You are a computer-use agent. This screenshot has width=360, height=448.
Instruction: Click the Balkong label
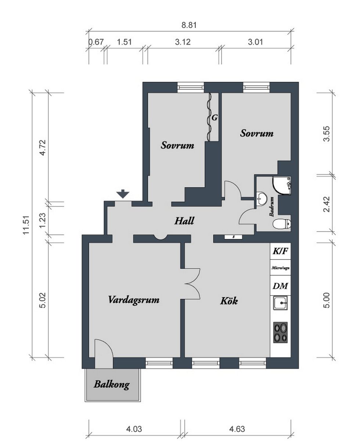tap(112, 385)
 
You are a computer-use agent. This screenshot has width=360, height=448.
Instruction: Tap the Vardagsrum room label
tap(134, 300)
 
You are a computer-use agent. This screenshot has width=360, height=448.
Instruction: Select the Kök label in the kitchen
tap(229, 301)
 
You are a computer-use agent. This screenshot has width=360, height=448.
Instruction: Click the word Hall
tap(184, 221)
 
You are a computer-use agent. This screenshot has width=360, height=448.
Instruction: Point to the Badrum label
tap(271, 207)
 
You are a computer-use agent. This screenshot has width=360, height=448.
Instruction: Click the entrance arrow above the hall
tap(123, 194)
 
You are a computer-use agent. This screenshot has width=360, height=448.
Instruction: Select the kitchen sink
tap(280, 303)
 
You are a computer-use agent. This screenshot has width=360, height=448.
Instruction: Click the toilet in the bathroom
tap(281, 224)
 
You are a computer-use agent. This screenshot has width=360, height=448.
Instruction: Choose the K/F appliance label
tap(280, 251)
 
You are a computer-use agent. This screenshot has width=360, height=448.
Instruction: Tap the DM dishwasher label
tap(280, 286)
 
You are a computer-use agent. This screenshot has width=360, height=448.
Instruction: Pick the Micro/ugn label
tap(280, 268)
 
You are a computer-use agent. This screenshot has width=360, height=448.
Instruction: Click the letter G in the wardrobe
tap(215, 118)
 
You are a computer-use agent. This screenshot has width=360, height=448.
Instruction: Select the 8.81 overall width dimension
tap(189, 25)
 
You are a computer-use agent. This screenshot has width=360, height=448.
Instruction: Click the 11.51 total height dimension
tap(26, 225)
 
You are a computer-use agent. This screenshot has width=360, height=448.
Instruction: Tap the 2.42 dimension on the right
tap(327, 204)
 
